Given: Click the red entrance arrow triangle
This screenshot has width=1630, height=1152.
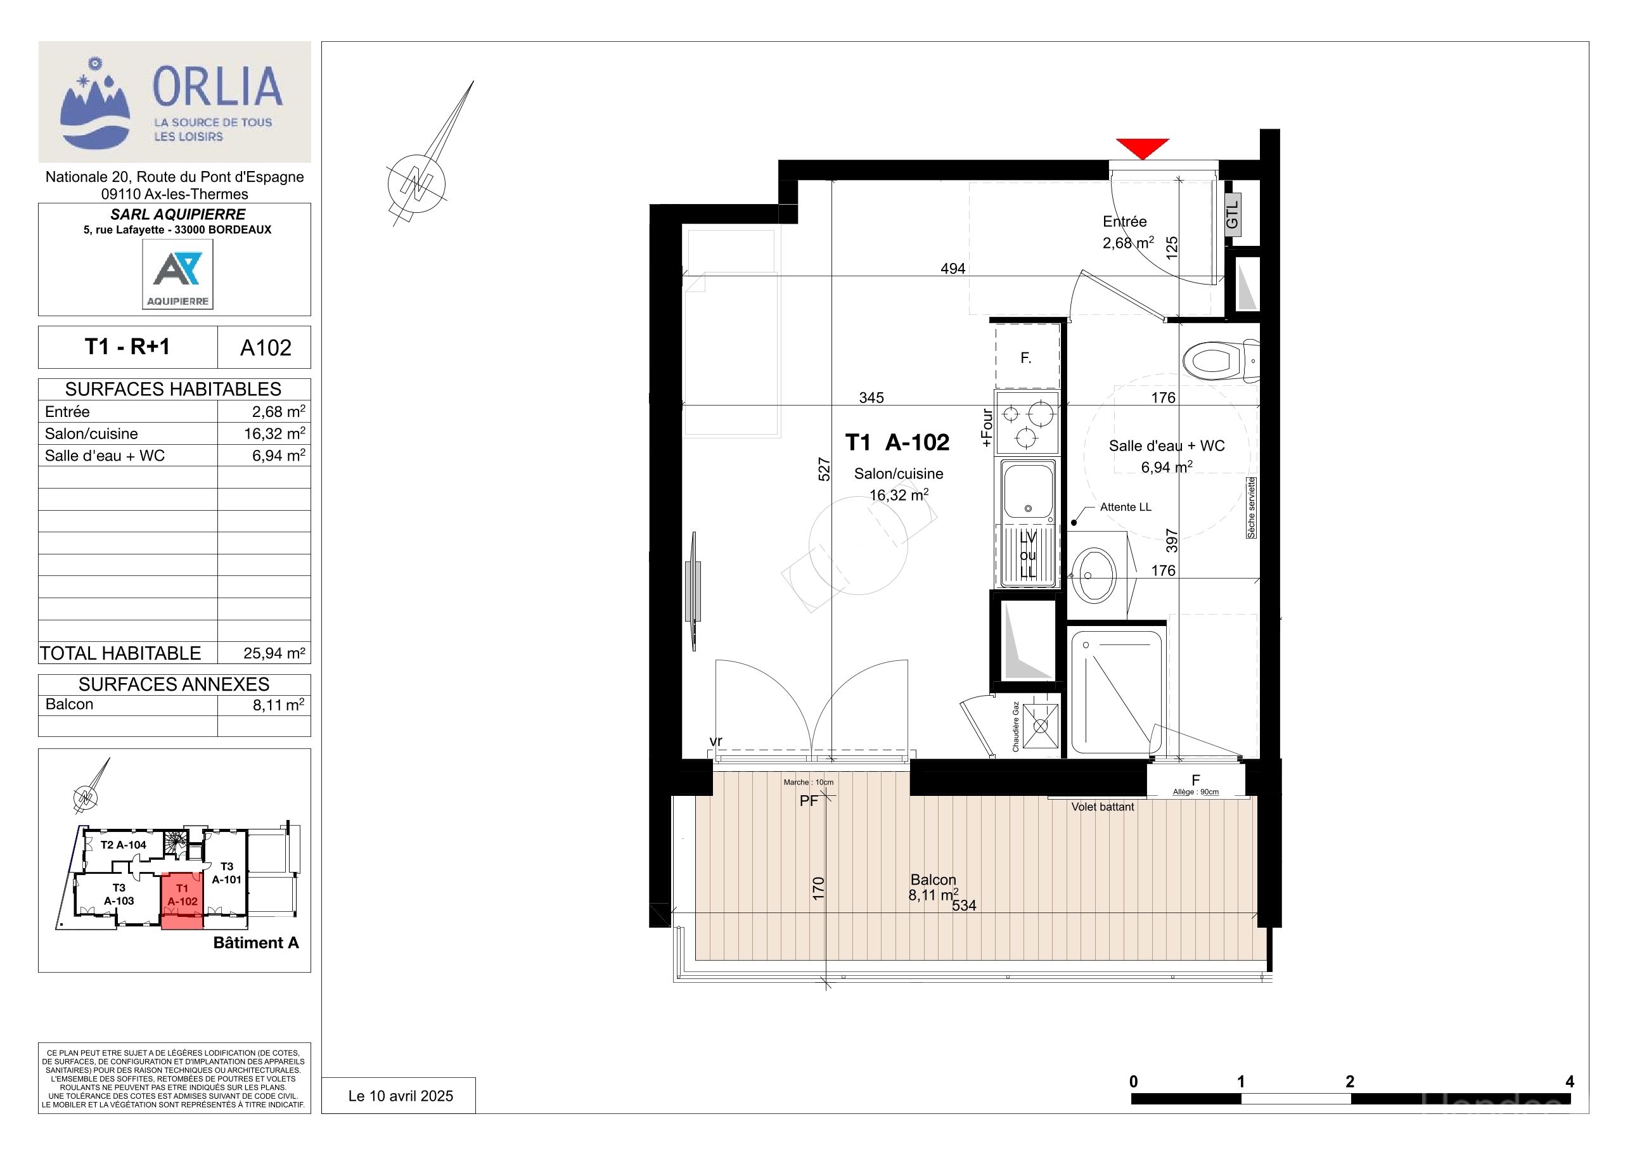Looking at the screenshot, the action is point(1142,148).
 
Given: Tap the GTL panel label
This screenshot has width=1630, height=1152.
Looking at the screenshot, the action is point(1233,214).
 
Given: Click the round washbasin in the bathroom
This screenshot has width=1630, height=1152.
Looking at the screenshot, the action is point(1094,575).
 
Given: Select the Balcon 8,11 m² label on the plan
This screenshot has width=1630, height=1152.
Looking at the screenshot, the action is point(934,887).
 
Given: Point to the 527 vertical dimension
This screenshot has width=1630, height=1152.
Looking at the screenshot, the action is point(823,469).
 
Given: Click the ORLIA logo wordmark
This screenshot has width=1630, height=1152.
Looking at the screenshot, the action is point(217,86).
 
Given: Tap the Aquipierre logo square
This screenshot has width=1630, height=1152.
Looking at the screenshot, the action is point(177,274).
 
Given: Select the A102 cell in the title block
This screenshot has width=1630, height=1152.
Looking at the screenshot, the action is point(266,347).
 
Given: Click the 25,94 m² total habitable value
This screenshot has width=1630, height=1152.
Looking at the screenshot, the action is point(274,653).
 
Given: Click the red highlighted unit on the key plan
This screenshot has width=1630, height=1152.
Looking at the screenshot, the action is point(183,900).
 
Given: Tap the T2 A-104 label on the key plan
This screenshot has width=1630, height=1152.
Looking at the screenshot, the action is point(123,845).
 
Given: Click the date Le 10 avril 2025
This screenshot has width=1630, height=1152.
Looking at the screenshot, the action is point(401,1096).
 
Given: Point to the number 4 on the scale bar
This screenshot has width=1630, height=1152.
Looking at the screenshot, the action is point(1570,1082).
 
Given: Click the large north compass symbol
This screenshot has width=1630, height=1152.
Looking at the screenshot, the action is point(417,184).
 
